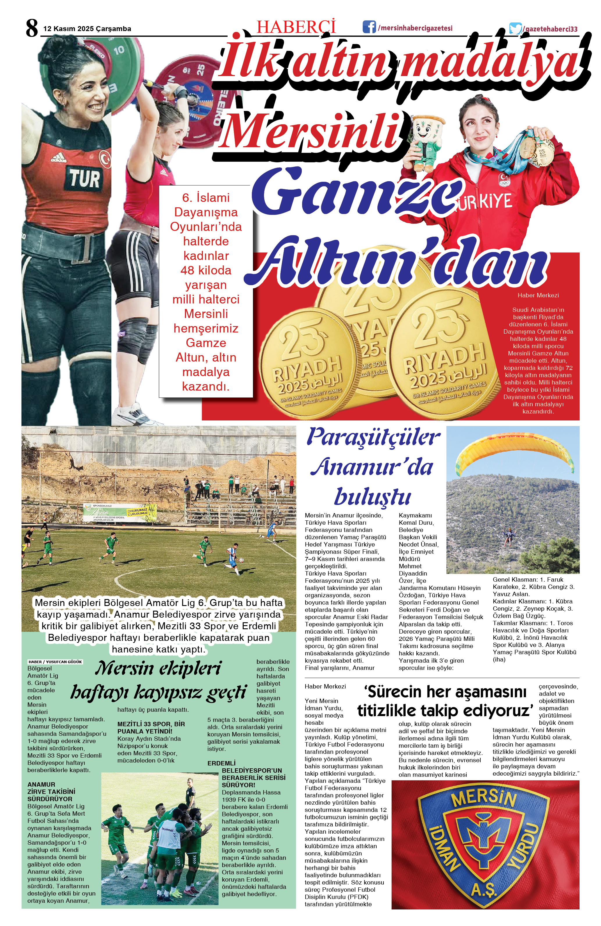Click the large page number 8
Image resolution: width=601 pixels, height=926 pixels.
point(32,28)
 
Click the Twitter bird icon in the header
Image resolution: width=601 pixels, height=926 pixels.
point(515,28)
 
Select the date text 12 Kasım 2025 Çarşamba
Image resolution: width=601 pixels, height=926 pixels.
point(87,29)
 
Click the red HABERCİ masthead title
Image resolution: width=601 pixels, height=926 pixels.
point(296,27)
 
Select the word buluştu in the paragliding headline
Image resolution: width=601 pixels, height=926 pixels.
point(372,497)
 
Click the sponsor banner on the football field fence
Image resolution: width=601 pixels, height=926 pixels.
point(120,513)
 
